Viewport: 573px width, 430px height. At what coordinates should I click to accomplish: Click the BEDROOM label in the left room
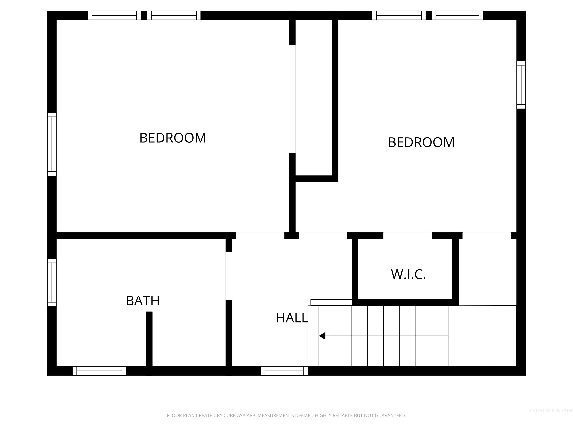click(173, 138)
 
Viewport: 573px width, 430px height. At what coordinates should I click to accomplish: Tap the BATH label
click(143, 301)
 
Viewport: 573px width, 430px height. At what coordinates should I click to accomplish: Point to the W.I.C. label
click(408, 275)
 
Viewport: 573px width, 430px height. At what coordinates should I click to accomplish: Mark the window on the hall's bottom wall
click(284, 371)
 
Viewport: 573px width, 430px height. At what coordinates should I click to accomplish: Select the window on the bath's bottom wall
click(99, 371)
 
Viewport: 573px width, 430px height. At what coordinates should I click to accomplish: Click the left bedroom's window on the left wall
click(52, 144)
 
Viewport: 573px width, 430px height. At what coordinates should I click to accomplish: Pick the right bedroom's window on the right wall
click(521, 85)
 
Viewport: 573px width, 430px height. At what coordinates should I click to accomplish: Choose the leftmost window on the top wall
click(114, 15)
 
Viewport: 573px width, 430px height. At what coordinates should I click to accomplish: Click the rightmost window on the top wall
click(457, 15)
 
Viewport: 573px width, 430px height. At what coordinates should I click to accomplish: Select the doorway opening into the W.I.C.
click(408, 236)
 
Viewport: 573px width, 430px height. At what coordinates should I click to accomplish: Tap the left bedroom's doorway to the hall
click(260, 236)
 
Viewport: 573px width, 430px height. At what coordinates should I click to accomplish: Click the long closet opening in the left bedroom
click(292, 99)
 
